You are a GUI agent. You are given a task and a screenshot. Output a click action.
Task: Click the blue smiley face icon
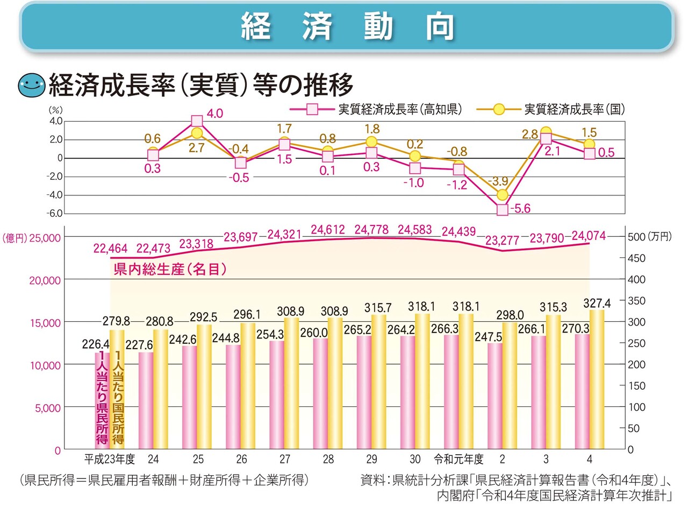(32, 85)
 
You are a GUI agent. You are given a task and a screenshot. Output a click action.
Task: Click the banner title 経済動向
(347, 26)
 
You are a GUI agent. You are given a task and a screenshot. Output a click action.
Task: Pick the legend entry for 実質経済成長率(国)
(559, 109)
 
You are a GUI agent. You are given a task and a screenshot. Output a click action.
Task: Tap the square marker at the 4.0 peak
(197, 121)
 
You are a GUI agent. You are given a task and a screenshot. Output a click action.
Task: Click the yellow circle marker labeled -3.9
(503, 195)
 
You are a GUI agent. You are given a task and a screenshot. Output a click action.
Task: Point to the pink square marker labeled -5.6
(503, 210)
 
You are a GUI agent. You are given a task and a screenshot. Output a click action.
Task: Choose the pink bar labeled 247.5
(495, 396)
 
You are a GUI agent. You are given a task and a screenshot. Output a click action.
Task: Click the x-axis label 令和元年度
(459, 460)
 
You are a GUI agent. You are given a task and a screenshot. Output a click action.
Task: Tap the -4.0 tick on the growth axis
(55, 195)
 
